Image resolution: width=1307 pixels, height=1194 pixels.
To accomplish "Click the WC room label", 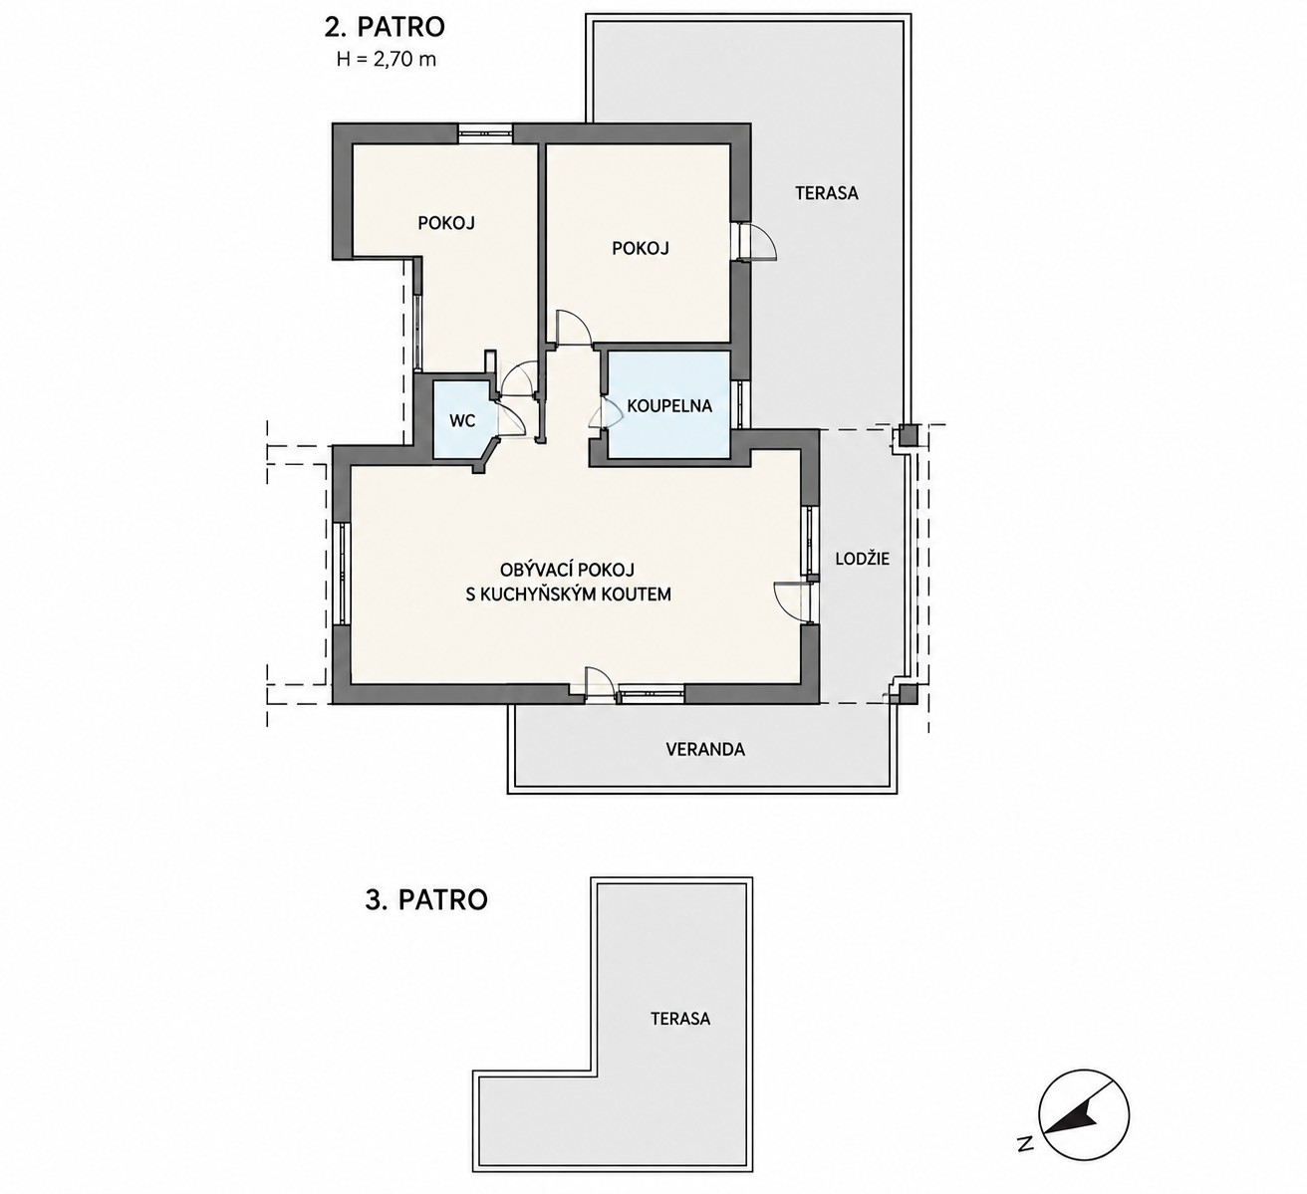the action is point(462,421).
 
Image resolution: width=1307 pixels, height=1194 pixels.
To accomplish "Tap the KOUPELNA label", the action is point(669,406).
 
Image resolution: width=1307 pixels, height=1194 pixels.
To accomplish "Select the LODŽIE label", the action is point(862,559).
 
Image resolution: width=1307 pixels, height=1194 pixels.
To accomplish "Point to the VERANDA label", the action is point(705,749).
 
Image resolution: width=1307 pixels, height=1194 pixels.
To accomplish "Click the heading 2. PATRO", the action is point(386,27).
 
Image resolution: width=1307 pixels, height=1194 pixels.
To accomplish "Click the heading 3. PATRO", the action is point(426,899).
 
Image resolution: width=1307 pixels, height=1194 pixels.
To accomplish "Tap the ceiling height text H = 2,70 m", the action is point(386,60).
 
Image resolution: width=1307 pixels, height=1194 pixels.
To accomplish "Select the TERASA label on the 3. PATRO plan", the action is point(680,1018).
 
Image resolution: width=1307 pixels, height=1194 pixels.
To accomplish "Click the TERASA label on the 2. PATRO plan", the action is point(826,193).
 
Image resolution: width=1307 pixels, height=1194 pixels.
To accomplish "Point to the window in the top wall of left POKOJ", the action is point(485,132).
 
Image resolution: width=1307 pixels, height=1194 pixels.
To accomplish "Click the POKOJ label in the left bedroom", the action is point(446,223).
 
